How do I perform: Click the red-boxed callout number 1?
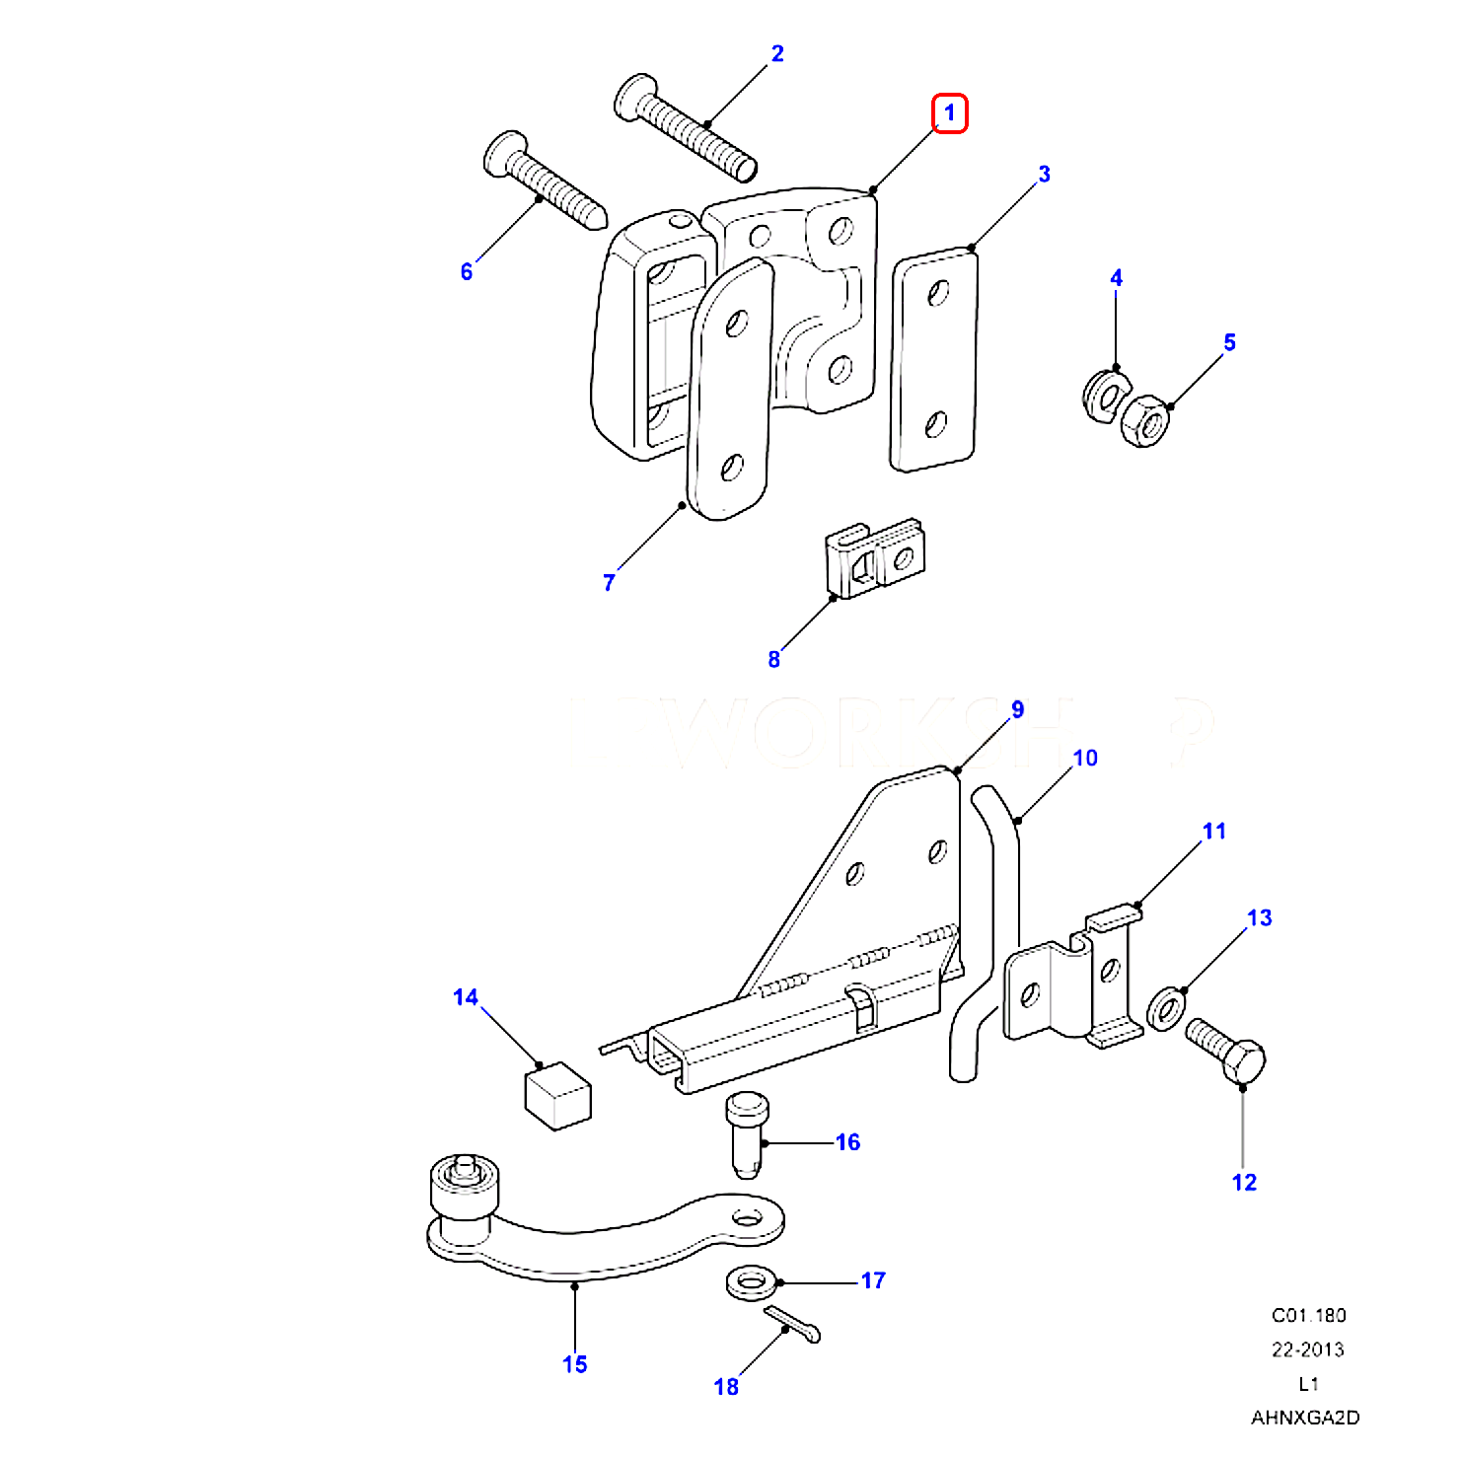[950, 113]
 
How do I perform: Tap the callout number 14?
[466, 997]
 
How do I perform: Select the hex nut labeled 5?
[1145, 420]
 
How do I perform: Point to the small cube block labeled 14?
[556, 1095]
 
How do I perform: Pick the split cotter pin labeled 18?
[792, 1323]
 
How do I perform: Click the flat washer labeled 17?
[750, 1284]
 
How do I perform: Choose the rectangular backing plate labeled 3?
[933, 360]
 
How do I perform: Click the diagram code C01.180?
[1308, 1315]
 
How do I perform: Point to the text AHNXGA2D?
[1305, 1419]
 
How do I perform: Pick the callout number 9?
[1017, 709]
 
